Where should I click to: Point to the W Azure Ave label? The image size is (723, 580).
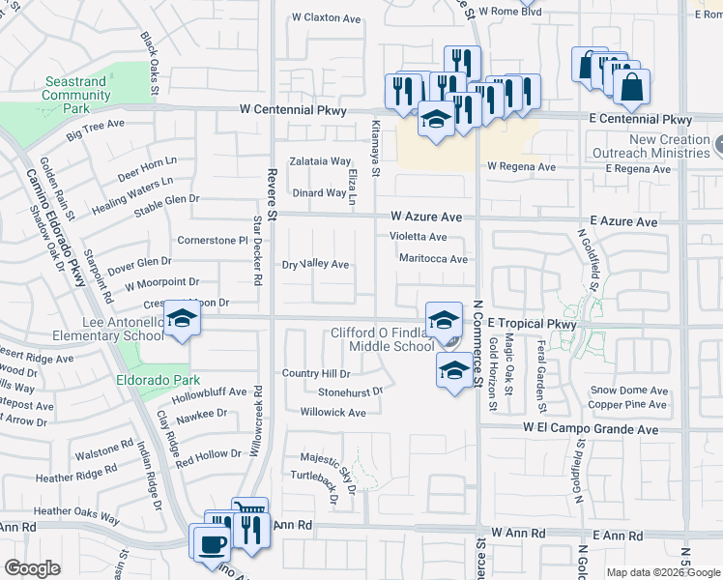[x=426, y=217]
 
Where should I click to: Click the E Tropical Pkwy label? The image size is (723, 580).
[x=532, y=325]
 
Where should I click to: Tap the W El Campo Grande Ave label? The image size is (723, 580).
[x=591, y=427]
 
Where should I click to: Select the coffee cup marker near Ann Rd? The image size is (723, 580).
[x=210, y=541]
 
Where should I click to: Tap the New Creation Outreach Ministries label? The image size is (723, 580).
[x=670, y=146]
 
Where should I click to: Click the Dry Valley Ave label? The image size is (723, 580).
[x=315, y=264]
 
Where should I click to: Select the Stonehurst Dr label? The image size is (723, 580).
[x=350, y=392]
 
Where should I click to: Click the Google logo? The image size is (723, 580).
[x=32, y=568]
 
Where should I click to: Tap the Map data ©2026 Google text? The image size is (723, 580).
[x=663, y=572]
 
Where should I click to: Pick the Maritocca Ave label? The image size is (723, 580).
[x=433, y=259]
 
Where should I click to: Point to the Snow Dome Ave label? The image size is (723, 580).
[x=629, y=391]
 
